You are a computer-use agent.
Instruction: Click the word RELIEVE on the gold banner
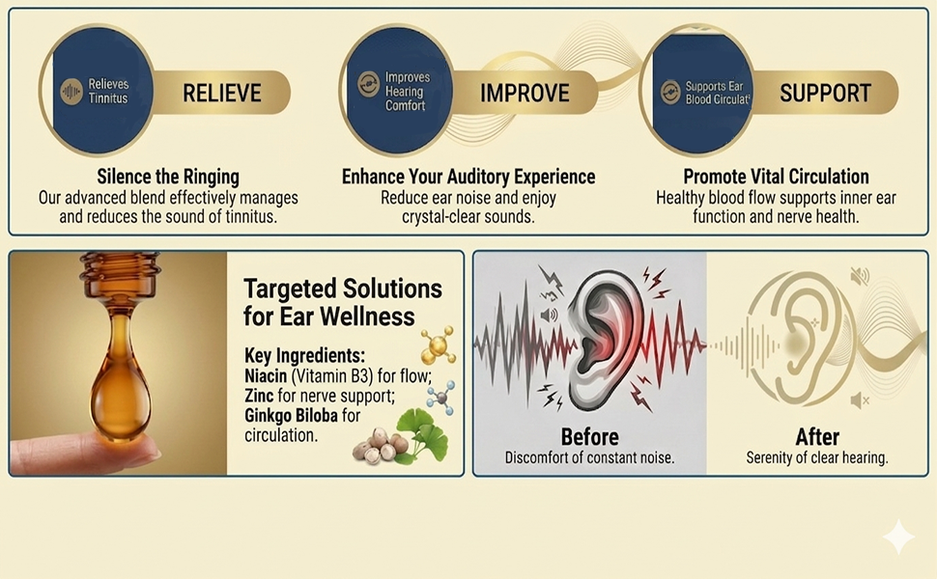[x=222, y=93]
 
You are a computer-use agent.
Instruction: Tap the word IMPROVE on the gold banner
[x=525, y=93]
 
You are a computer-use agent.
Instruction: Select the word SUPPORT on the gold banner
[x=825, y=93]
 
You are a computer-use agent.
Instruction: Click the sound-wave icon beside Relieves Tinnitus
[x=71, y=92]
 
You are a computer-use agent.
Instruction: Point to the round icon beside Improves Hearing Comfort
[x=369, y=84]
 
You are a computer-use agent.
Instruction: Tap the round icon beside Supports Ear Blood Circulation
[x=670, y=92]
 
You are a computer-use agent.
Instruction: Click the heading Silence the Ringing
[x=168, y=177]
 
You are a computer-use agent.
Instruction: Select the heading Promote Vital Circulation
[x=777, y=177]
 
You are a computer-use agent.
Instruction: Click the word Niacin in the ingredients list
[x=266, y=376]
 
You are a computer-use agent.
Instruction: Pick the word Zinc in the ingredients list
[x=259, y=396]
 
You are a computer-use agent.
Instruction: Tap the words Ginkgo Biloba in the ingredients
[x=291, y=416]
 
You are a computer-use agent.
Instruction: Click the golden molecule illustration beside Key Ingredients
[x=438, y=345]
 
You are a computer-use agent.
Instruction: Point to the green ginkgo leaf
[x=422, y=436]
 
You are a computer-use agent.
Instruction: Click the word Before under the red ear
[x=589, y=437]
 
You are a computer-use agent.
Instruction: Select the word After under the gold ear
[x=817, y=437]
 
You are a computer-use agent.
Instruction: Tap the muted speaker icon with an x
[x=860, y=400]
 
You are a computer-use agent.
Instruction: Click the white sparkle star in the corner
[x=898, y=537]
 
